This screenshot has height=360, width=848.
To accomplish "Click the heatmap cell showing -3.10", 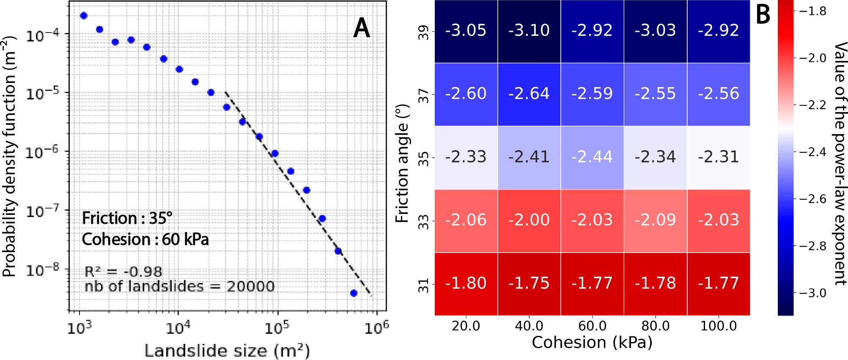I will (x=529, y=30).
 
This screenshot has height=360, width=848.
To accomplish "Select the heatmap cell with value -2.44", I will (x=592, y=157).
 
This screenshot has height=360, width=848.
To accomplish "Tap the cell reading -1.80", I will (x=466, y=283).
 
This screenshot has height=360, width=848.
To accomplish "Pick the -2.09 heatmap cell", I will (x=655, y=220).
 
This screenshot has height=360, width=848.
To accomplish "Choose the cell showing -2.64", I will (x=529, y=93).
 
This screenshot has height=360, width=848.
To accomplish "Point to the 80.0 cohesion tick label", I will (x=655, y=326).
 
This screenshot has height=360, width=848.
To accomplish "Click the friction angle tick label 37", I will (x=423, y=96).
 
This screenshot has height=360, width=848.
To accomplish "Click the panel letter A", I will (x=362, y=29).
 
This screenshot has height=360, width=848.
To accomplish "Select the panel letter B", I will (x=763, y=15).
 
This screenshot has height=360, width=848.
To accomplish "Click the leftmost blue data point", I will (x=84, y=16).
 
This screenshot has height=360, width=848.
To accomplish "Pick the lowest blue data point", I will (x=354, y=293).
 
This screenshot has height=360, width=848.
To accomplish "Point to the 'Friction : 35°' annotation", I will (x=127, y=218).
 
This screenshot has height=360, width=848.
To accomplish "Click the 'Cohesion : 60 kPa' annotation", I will (x=145, y=239).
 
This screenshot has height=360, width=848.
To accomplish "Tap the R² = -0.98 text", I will (x=123, y=272).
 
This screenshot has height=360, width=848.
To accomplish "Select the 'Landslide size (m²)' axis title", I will (x=227, y=351).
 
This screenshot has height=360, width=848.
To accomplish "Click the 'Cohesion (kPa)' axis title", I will (x=592, y=343).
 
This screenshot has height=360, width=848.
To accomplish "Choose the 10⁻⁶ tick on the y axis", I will (x=42, y=153).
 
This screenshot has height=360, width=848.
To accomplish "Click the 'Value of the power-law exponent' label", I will (x=840, y=163).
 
